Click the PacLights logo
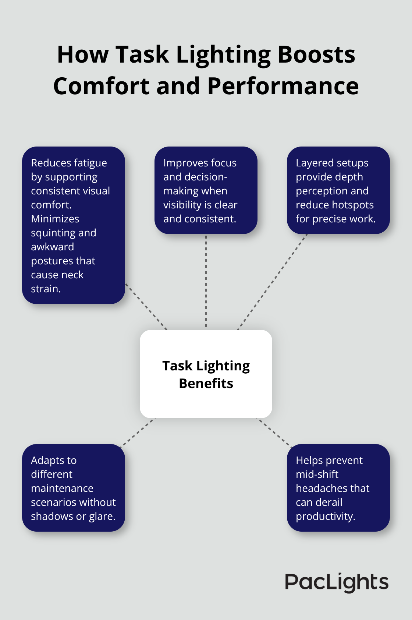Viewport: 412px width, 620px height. click(337, 582)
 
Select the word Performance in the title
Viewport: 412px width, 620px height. click(283, 86)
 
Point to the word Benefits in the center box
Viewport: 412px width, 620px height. click(206, 384)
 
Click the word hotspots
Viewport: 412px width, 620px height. click(354, 205)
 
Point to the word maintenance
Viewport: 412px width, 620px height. click(62, 489)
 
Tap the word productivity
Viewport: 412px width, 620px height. click(325, 517)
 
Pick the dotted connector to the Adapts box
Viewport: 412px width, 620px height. click(138, 431)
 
